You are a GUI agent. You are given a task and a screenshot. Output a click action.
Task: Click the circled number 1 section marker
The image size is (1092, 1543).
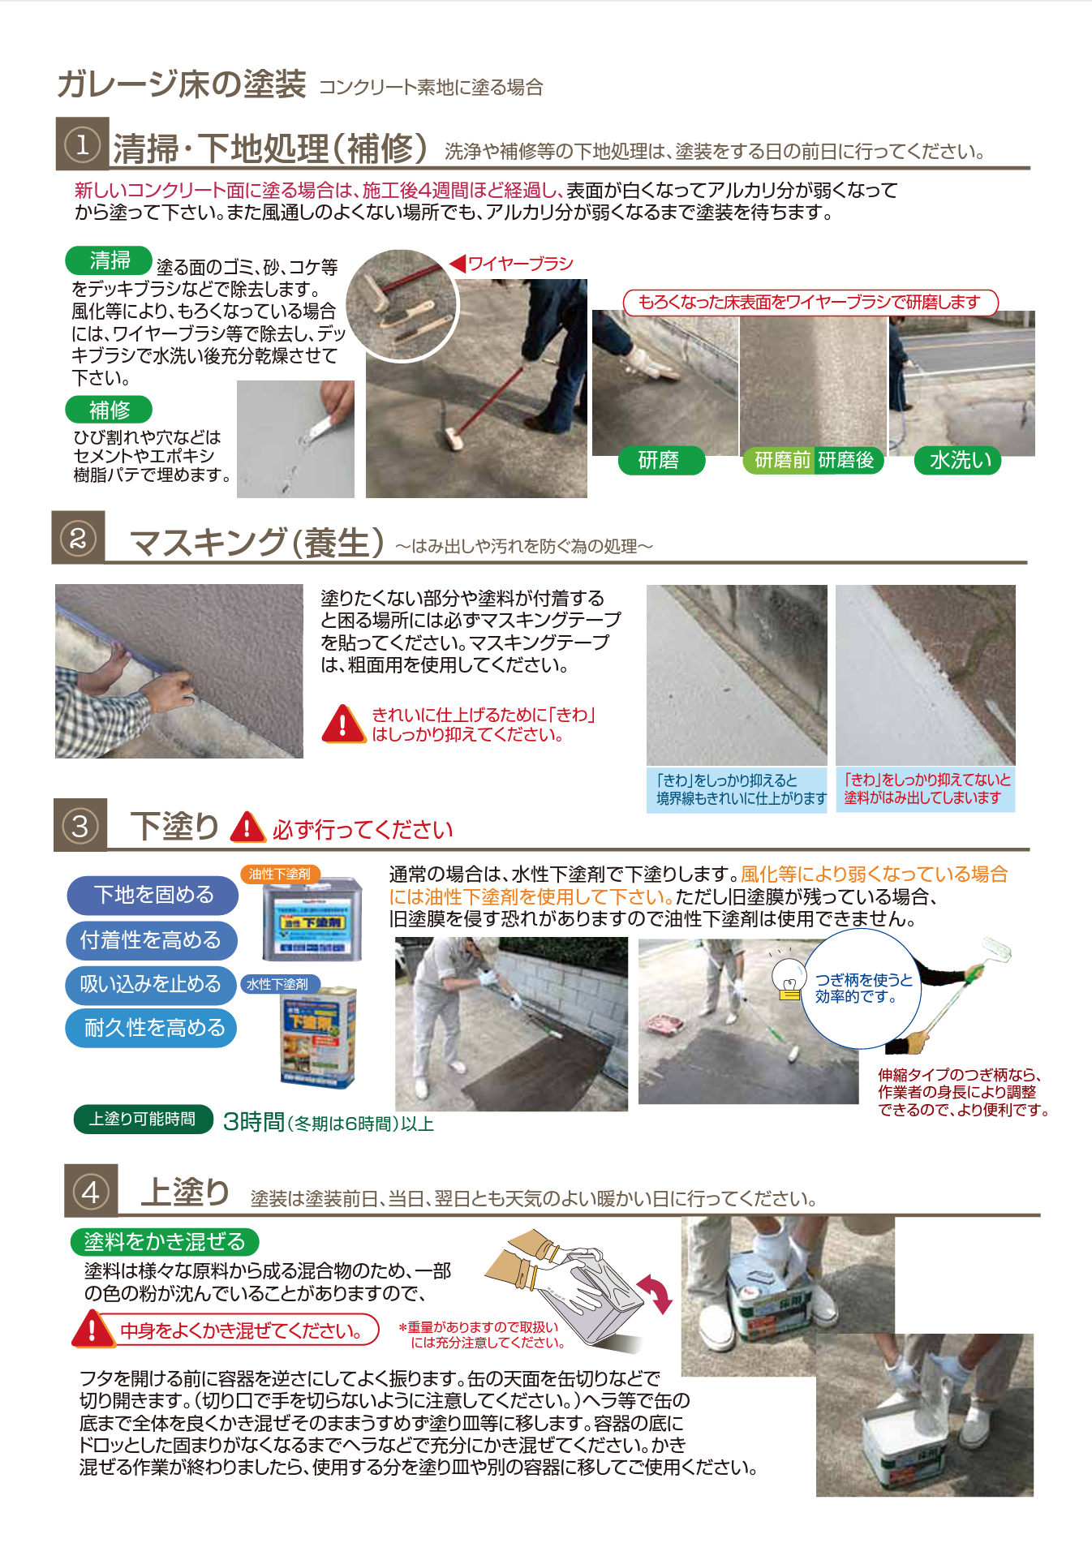pos(82,145)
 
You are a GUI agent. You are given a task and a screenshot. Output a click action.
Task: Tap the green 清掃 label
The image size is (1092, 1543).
pos(109,260)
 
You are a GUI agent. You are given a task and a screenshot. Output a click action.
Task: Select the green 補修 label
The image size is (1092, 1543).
pos(109,410)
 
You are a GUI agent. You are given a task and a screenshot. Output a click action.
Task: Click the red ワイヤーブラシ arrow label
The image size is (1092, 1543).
pos(511,264)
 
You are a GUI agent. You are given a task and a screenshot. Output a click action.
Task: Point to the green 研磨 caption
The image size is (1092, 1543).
pos(659,461)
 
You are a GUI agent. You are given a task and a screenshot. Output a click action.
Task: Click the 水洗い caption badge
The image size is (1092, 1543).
pos(960,461)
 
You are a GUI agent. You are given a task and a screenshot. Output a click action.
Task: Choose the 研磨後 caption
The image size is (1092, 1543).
pos(846,461)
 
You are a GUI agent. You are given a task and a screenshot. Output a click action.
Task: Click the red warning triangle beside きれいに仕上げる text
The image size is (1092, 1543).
pos(343,724)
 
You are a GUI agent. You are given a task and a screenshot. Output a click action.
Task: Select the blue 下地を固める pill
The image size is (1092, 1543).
pos(153,895)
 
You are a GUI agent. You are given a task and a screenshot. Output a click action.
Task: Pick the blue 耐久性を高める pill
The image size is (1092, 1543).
pos(153,1028)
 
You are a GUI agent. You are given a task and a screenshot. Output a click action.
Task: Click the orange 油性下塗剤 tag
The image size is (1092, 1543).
pos(279,874)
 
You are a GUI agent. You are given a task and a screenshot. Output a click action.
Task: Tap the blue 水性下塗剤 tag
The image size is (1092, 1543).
pos(277,984)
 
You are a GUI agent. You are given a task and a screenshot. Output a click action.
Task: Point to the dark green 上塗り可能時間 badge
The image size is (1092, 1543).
pos(143,1120)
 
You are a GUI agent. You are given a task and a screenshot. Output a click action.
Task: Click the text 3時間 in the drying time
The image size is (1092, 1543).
pos(253,1122)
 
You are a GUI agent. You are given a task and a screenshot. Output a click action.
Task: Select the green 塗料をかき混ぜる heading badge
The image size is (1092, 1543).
pos(164,1242)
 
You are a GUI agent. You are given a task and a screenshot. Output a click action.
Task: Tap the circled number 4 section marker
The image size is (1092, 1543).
pos(91,1192)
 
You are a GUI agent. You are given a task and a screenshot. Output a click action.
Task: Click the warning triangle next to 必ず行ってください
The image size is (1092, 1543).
pos(247,828)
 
